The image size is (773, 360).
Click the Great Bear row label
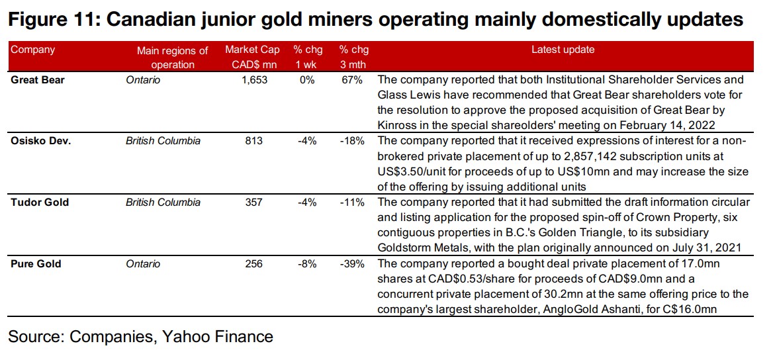click(38, 79)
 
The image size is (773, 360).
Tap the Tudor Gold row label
click(40, 202)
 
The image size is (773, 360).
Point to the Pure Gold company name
click(36, 264)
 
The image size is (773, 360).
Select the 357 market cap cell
click(253, 202)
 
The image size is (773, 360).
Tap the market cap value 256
click(253, 264)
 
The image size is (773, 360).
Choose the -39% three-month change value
click(351, 264)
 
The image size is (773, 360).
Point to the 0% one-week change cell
click(308, 79)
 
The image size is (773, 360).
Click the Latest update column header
click(563, 50)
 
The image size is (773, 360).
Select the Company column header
click(32, 50)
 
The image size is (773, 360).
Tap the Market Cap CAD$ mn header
click(252, 57)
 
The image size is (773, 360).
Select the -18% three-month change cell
click(351, 141)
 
